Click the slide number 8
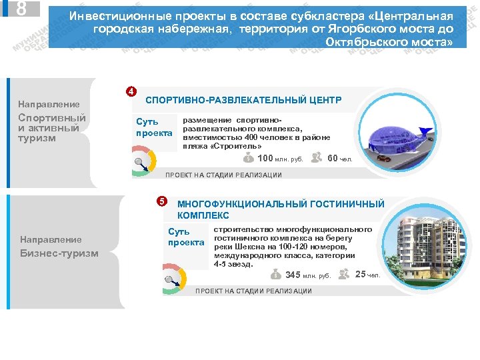tap(21, 9)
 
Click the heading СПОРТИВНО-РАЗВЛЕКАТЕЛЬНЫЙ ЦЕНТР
tap(243, 100)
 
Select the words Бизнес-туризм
tap(59, 253)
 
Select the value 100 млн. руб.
tap(280, 159)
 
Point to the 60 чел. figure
tap(340, 159)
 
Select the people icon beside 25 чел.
tap(344, 273)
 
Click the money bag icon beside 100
tap(248, 158)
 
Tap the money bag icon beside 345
tap(276, 275)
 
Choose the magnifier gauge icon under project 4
tap(142, 162)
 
